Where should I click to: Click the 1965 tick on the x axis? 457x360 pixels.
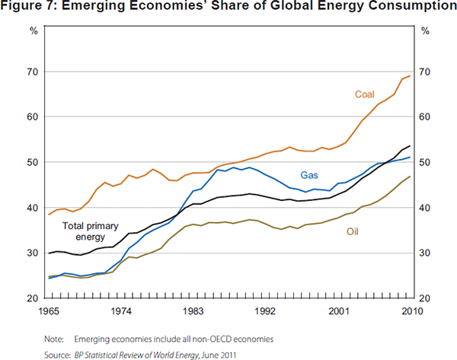point(48,311)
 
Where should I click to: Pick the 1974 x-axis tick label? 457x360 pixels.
point(120,311)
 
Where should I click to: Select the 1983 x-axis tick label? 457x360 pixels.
point(193,311)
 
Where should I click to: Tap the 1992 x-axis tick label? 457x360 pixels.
point(266,311)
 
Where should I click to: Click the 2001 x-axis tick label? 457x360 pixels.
point(338,311)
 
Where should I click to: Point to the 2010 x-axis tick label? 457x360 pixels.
point(410,311)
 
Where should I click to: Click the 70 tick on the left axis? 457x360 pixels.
point(33,72)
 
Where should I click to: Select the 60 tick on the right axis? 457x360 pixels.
point(425,117)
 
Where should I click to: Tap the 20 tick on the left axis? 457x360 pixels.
point(33,298)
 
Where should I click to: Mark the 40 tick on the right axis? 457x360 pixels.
point(425,208)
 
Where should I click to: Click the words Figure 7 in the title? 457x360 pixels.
point(30,8)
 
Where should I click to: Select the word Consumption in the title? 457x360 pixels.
point(407,8)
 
